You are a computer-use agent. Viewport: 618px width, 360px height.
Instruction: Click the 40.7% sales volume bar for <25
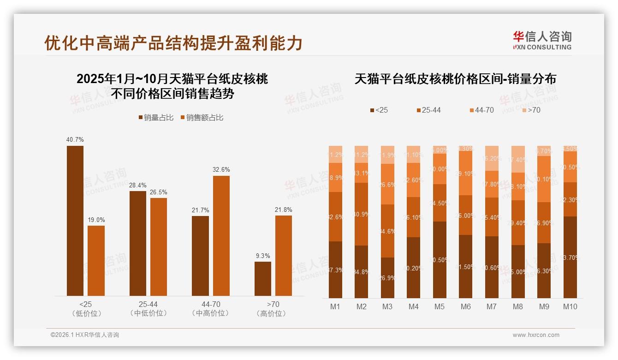pyautogui.click(x=75, y=221)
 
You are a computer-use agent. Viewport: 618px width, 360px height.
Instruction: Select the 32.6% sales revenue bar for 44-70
pyautogui.click(x=221, y=235)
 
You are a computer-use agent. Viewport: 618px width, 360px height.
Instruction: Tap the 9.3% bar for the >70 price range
pyautogui.click(x=263, y=279)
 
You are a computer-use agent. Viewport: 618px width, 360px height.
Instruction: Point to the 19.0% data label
pyautogui.click(x=96, y=220)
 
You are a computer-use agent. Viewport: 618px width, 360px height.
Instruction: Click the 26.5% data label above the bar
pyautogui.click(x=159, y=192)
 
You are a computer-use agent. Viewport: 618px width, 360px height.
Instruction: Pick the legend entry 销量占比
pyautogui.click(x=156, y=118)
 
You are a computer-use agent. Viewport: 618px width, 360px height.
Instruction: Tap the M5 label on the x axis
pyautogui.click(x=440, y=306)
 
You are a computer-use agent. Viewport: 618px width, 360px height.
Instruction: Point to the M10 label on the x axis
pyautogui.click(x=570, y=306)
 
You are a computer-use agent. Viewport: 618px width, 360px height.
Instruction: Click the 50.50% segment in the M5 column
pyautogui.click(x=440, y=260)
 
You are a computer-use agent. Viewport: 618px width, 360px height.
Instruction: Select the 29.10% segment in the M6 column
pyautogui.click(x=466, y=173)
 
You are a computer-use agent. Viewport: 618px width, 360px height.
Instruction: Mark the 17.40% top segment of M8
pyautogui.click(x=518, y=159)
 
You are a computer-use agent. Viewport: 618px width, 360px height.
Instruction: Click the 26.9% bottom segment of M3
pyautogui.click(x=387, y=278)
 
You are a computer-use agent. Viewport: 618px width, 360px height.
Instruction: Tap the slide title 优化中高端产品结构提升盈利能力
pyautogui.click(x=173, y=43)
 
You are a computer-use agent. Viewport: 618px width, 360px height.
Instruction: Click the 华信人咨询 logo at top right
pyautogui.click(x=542, y=40)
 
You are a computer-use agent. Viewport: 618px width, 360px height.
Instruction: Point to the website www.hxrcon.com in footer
pyautogui.click(x=536, y=335)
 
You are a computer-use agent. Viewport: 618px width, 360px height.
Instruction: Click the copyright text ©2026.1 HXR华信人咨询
pyautogui.click(x=84, y=335)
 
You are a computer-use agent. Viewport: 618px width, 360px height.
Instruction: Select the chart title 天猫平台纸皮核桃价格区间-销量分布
pyautogui.click(x=455, y=79)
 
